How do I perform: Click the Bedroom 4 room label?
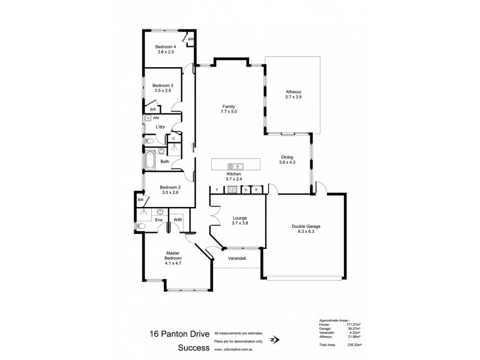coord(166,47)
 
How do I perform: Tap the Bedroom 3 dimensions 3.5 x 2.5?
coord(163,92)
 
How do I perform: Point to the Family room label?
coord(229,106)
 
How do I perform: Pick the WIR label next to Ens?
coord(178,220)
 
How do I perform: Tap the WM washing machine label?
coord(156,118)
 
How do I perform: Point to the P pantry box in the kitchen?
coord(256,189)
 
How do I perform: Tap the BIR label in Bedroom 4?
coord(191,40)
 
